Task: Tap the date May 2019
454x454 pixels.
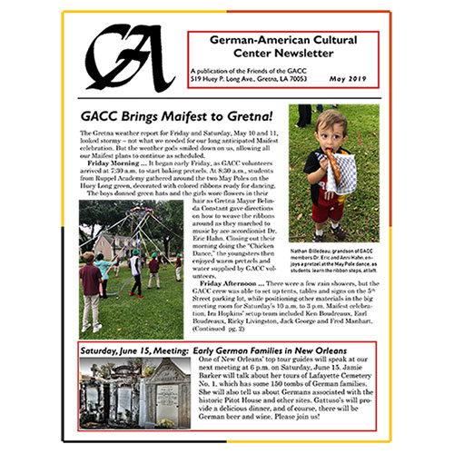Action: [x=350, y=79]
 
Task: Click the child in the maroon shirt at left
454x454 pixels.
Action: [x=90, y=281]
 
